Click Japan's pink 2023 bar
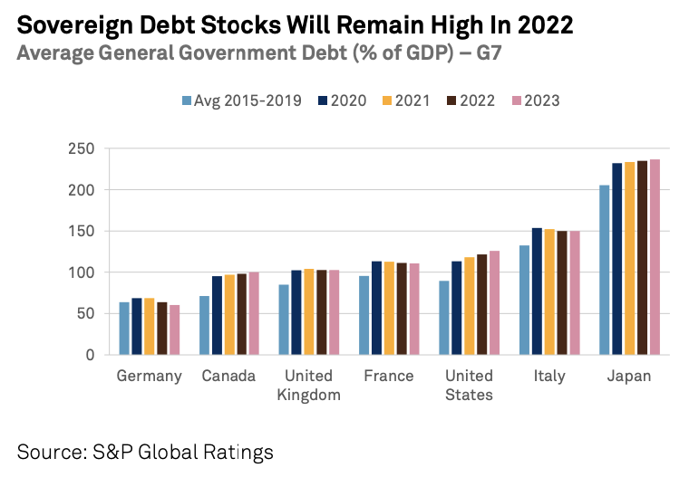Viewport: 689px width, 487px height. pos(655,257)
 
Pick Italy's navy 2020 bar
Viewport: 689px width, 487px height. pos(536,291)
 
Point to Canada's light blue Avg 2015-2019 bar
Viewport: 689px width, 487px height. pos(205,325)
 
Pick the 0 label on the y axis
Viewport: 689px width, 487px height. pos(89,355)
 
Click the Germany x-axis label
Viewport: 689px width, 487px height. pos(150,376)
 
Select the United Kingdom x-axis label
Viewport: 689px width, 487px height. pos(309,385)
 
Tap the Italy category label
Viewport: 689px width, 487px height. pos(549,376)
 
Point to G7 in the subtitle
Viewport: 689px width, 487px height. pos(485,53)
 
